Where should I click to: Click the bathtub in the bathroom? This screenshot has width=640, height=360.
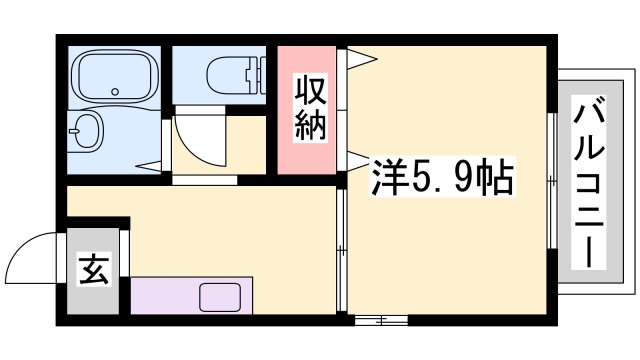[x=115, y=76]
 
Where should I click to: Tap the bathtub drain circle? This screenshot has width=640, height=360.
[x=116, y=92]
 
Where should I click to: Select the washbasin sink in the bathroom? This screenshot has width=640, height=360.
[x=85, y=131]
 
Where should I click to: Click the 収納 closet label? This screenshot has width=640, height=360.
[x=310, y=108]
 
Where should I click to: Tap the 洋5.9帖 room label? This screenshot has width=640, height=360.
[x=442, y=176]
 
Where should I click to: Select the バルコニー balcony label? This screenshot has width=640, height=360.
[x=589, y=182]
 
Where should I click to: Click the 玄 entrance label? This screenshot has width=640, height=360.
[x=94, y=270]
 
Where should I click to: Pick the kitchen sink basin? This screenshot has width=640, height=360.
[x=219, y=298]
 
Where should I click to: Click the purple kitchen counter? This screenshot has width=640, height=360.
[x=191, y=296]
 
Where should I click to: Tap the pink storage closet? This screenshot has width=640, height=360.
[x=307, y=110]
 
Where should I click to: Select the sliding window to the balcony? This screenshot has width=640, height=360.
[x=552, y=180]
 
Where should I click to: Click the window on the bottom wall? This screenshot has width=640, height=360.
[x=381, y=320]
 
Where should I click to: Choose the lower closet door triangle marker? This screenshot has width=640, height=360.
[x=358, y=160]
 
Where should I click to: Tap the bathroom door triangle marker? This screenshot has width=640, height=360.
[x=149, y=166]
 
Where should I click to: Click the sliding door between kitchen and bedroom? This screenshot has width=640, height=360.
[x=341, y=250]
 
